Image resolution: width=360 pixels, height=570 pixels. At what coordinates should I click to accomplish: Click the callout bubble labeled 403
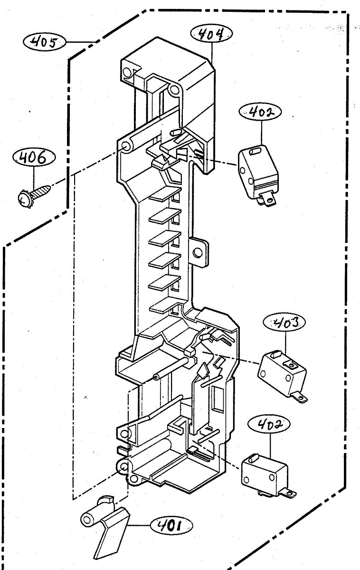284,323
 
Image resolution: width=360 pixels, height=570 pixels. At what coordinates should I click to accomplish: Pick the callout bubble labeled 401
171,526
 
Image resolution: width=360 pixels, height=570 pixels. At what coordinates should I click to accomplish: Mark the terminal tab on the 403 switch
301,396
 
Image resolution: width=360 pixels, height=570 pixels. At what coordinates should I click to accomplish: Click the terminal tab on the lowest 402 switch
288,494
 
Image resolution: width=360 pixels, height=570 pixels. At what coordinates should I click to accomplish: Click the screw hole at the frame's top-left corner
127,72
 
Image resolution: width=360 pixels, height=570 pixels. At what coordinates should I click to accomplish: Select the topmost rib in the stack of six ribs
165,195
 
